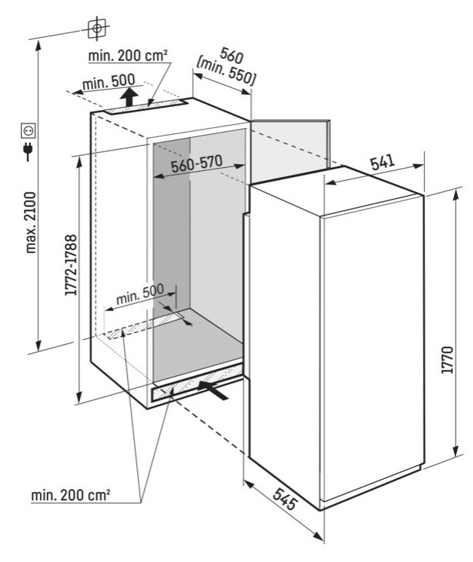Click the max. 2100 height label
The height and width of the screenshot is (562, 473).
[x=32, y=222]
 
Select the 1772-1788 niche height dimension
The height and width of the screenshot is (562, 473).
[x=71, y=265]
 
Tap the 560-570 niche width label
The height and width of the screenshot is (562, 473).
[x=197, y=163]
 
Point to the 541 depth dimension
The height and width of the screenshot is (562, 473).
[x=383, y=163]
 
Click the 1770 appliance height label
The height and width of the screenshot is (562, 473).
[x=447, y=360]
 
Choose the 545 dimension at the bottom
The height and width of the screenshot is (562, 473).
[x=285, y=499]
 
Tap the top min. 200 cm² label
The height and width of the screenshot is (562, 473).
[x=128, y=56]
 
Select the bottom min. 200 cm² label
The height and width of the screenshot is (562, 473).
[x=71, y=495]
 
